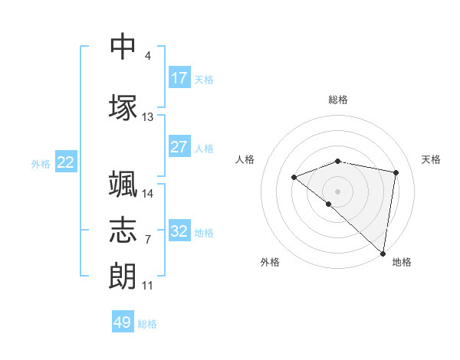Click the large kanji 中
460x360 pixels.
[x=123, y=46]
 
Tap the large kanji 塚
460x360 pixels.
[x=123, y=107]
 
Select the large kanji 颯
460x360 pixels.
[x=123, y=184]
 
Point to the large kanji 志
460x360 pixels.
[x=123, y=230]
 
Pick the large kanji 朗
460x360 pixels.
[x=123, y=276]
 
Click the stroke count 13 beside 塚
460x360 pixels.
[x=147, y=117]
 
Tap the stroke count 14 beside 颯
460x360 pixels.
[x=147, y=194]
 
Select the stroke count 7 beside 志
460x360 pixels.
[x=148, y=240]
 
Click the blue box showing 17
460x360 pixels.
[x=179, y=77]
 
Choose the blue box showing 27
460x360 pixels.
[x=179, y=146]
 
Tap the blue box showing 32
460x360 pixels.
[x=179, y=230]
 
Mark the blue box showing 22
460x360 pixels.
[x=66, y=162]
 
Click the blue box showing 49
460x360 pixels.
[x=123, y=321]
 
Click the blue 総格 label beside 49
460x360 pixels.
[x=147, y=324]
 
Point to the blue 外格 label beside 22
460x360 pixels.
[x=41, y=164]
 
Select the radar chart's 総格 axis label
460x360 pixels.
[x=338, y=100]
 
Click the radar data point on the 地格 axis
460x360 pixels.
[x=383, y=254]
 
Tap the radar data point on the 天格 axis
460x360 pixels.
[x=396, y=172]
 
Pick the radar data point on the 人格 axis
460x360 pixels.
[x=294, y=177]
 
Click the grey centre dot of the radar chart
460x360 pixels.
[x=337, y=191]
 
